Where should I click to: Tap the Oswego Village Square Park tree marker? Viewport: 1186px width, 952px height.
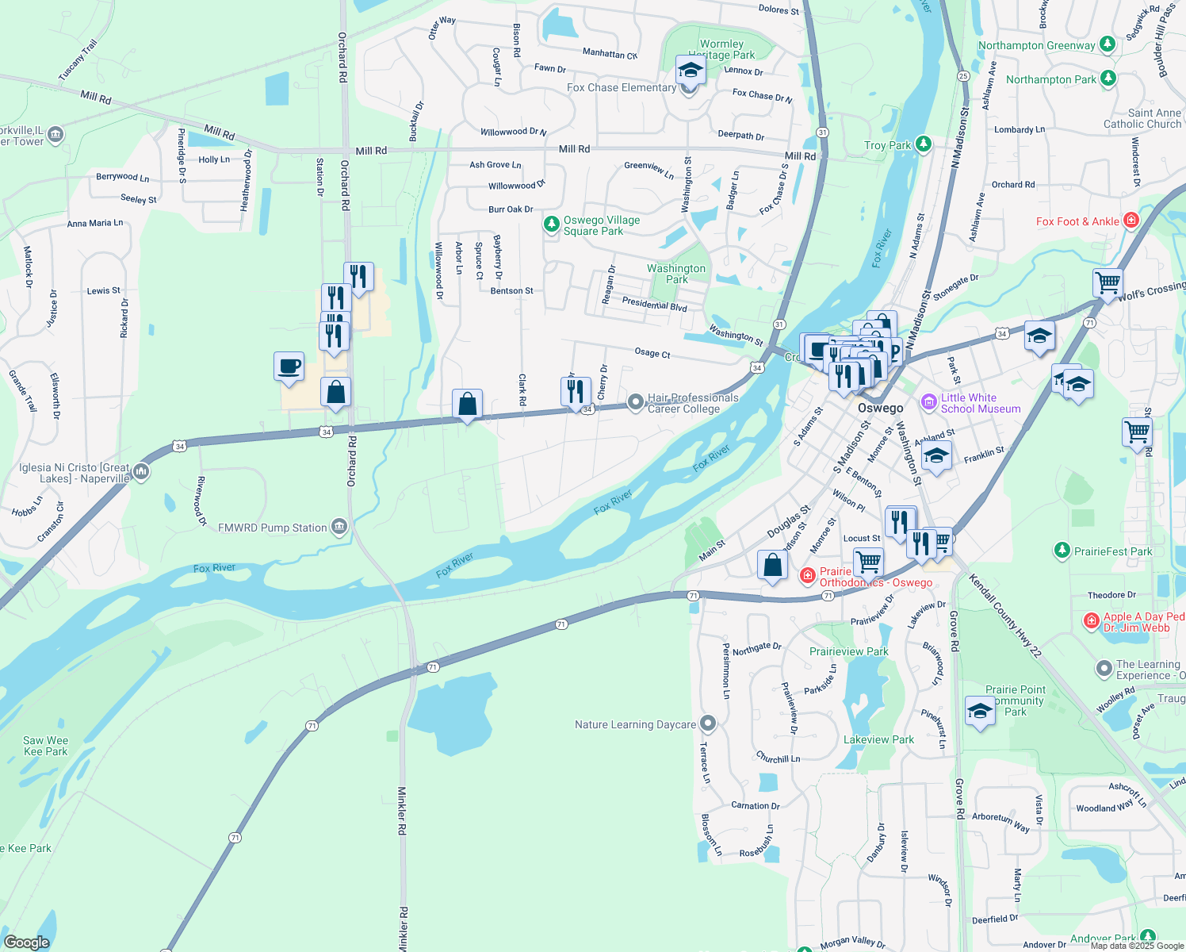coord(552,225)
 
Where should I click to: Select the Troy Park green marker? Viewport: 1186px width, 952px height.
coord(923,144)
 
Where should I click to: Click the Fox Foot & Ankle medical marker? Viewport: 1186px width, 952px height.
coord(1131,221)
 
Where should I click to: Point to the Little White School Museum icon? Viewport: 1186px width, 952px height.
coord(929,402)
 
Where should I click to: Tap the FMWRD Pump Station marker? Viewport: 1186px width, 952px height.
coord(339,527)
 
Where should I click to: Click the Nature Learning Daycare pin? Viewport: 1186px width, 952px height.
coord(709,724)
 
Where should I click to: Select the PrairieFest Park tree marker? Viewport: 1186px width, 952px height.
coord(1062,551)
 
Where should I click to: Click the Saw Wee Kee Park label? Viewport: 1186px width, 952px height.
coord(46,746)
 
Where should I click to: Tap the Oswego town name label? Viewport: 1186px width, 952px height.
coord(880,408)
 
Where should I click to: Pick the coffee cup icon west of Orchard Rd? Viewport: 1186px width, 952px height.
coord(289,367)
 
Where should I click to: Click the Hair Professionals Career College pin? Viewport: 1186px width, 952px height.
coord(635,402)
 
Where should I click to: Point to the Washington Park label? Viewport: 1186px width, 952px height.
coord(676,274)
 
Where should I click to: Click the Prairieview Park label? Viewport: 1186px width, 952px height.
coord(848,651)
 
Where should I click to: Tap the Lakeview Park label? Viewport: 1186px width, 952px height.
coord(878,739)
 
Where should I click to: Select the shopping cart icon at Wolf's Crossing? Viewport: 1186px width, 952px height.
coord(1108,282)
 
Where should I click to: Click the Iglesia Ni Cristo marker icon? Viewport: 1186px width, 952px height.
coord(141,472)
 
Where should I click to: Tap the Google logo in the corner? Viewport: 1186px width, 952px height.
coord(27,942)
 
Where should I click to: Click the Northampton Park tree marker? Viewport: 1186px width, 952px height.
coord(1108,79)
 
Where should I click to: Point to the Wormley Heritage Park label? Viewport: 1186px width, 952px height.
coord(723,49)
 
